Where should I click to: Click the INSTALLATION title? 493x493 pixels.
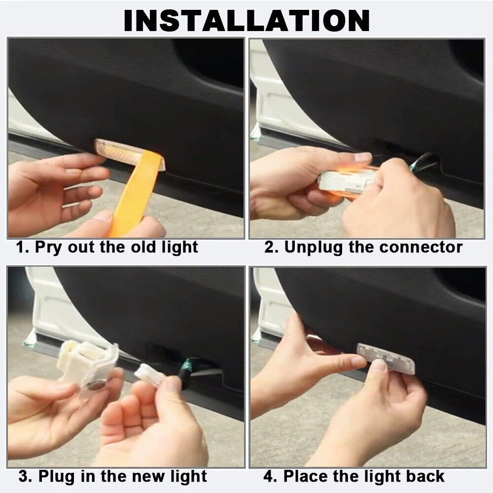click(246, 20)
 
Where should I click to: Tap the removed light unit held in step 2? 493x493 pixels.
click(349, 182)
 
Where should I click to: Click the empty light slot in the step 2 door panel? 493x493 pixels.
click(396, 148)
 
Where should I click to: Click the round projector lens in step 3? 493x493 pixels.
click(97, 384)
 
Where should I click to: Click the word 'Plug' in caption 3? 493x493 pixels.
click(58, 477)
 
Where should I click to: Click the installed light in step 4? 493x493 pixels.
click(386, 358)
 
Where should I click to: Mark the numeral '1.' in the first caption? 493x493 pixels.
click(23, 247)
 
